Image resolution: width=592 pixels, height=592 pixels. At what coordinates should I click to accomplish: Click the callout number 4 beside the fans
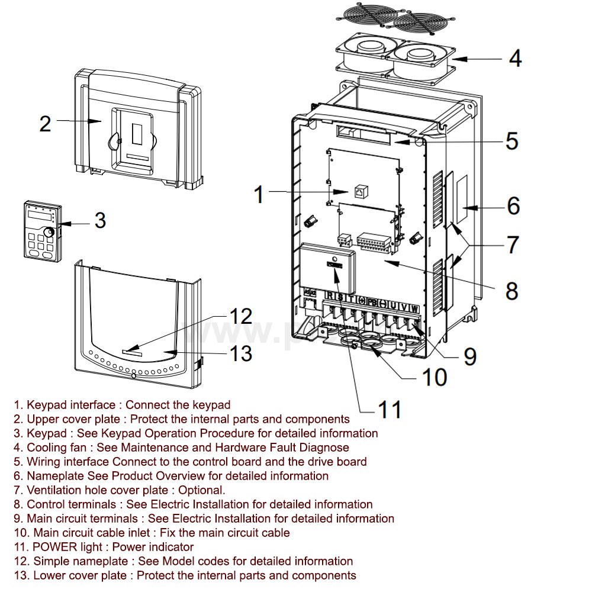515,59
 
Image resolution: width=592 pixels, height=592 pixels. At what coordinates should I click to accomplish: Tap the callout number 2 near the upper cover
46,123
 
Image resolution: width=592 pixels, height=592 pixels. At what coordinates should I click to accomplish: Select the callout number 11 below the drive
390,409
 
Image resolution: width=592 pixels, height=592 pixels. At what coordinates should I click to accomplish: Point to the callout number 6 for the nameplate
513,205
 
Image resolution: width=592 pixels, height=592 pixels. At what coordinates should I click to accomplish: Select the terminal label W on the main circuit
414,308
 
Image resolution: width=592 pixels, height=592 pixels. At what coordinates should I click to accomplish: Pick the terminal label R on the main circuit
330,295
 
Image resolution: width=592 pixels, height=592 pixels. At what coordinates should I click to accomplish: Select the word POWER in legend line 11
52,547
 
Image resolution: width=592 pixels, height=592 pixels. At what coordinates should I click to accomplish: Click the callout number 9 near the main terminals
469,355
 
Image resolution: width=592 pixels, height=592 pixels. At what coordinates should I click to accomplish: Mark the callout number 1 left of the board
259,194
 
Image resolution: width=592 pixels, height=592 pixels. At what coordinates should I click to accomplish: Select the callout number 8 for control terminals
511,290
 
